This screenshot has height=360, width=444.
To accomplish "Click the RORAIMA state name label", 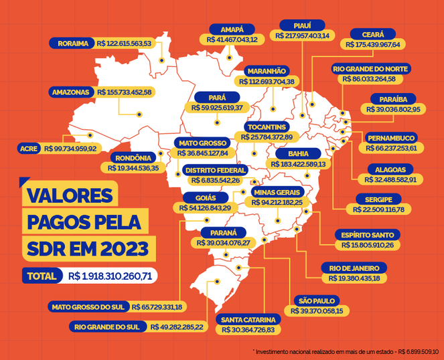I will click(x=74, y=43).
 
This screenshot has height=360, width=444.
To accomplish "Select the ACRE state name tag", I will click(x=29, y=148).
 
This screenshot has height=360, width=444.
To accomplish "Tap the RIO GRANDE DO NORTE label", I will click(x=380, y=69).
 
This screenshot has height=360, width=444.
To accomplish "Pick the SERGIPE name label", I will click(x=378, y=199).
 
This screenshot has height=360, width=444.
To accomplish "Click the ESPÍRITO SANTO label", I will click(x=370, y=234).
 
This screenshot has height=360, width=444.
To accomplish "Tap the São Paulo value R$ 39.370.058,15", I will click(x=317, y=310).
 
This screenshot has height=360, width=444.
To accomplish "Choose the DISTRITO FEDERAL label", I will click(x=216, y=171).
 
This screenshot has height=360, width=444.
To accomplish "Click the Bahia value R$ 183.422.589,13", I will click(x=298, y=163).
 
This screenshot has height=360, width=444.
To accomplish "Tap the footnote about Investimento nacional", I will click(x=346, y=351).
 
